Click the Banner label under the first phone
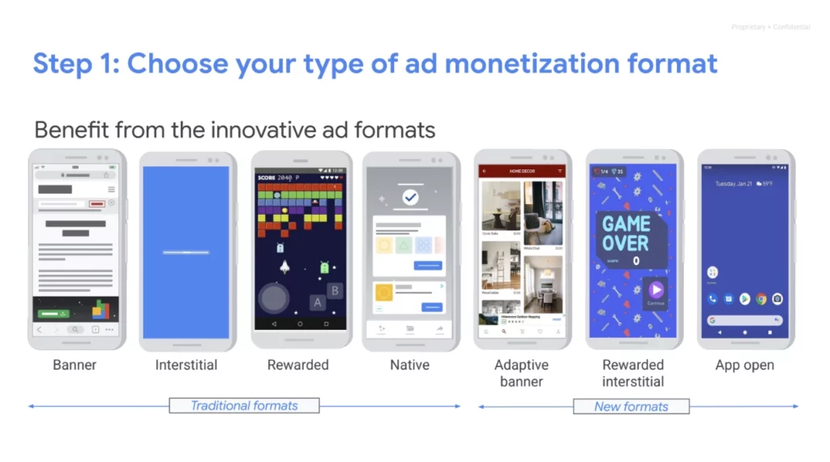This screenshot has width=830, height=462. tap(75, 365)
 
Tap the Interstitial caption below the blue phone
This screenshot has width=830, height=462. tap(186, 365)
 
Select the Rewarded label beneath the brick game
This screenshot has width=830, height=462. tap(298, 365)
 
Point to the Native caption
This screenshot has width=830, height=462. tap(410, 365)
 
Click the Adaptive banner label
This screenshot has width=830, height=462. tap(521, 373)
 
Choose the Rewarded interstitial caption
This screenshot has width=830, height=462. tap(633, 373)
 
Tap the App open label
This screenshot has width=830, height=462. tap(744, 365)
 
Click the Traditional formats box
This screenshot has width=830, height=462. tap(244, 405)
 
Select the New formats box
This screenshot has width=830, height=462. tap(631, 406)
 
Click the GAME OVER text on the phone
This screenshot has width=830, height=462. tap(626, 233)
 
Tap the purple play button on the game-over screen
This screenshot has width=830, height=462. tap(656, 289)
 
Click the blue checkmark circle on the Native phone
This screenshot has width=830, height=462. tap(410, 197)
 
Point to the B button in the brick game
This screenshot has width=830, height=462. tap(334, 290)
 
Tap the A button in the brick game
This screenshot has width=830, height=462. tap(318, 302)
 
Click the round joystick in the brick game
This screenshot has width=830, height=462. tap(274, 298)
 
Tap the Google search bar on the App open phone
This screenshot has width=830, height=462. tap(744, 320)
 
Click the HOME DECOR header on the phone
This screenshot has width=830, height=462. tap(521, 171)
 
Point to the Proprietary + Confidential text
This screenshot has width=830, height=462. tap(770, 28)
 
